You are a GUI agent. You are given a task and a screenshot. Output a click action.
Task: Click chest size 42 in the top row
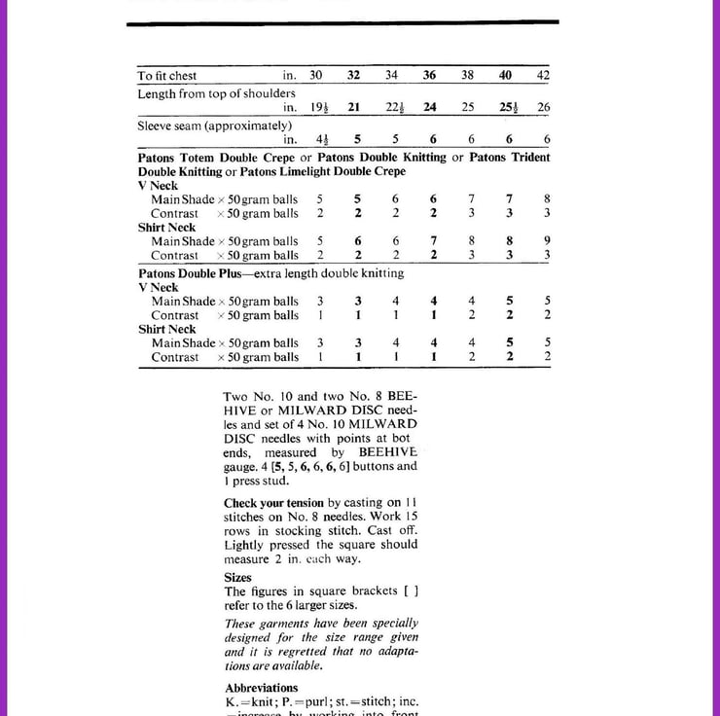pos(543,75)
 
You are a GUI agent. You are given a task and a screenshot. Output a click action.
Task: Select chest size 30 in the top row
pos(316,75)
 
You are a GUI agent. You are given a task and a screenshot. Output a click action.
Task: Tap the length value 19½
pos(318,107)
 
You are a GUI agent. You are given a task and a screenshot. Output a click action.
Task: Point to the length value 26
pos(543,107)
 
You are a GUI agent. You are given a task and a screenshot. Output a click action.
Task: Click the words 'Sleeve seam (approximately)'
pos(215,125)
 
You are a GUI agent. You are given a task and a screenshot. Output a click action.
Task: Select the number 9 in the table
pos(547,241)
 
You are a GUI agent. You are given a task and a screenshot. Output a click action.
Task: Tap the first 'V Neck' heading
pos(159,186)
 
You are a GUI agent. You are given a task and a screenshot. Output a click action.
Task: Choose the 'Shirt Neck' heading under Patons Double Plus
pos(166,330)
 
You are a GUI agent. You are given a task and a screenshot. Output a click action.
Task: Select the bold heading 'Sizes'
pos(237,577)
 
